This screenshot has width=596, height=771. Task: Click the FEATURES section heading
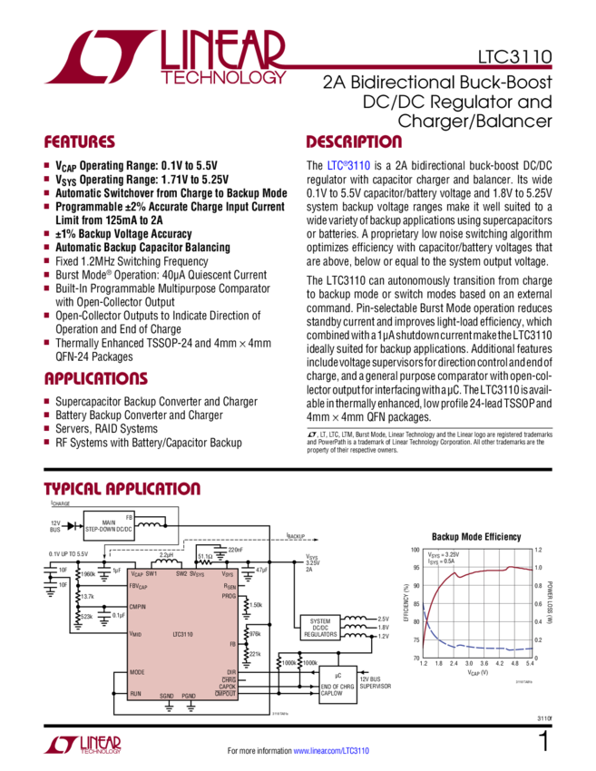[x=80, y=142]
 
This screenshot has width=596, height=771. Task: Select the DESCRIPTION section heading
[x=353, y=142]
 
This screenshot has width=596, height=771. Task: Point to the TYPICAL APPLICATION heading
[x=122, y=490]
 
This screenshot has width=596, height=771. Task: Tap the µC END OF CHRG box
[x=337, y=681]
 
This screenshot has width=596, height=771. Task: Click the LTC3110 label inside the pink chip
[x=181, y=634]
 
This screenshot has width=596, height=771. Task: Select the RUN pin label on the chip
[x=136, y=694]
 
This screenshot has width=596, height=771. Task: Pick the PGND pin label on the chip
[x=189, y=695]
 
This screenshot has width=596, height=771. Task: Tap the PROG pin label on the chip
[x=229, y=597]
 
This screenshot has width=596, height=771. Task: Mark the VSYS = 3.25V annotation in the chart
[x=438, y=553]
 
